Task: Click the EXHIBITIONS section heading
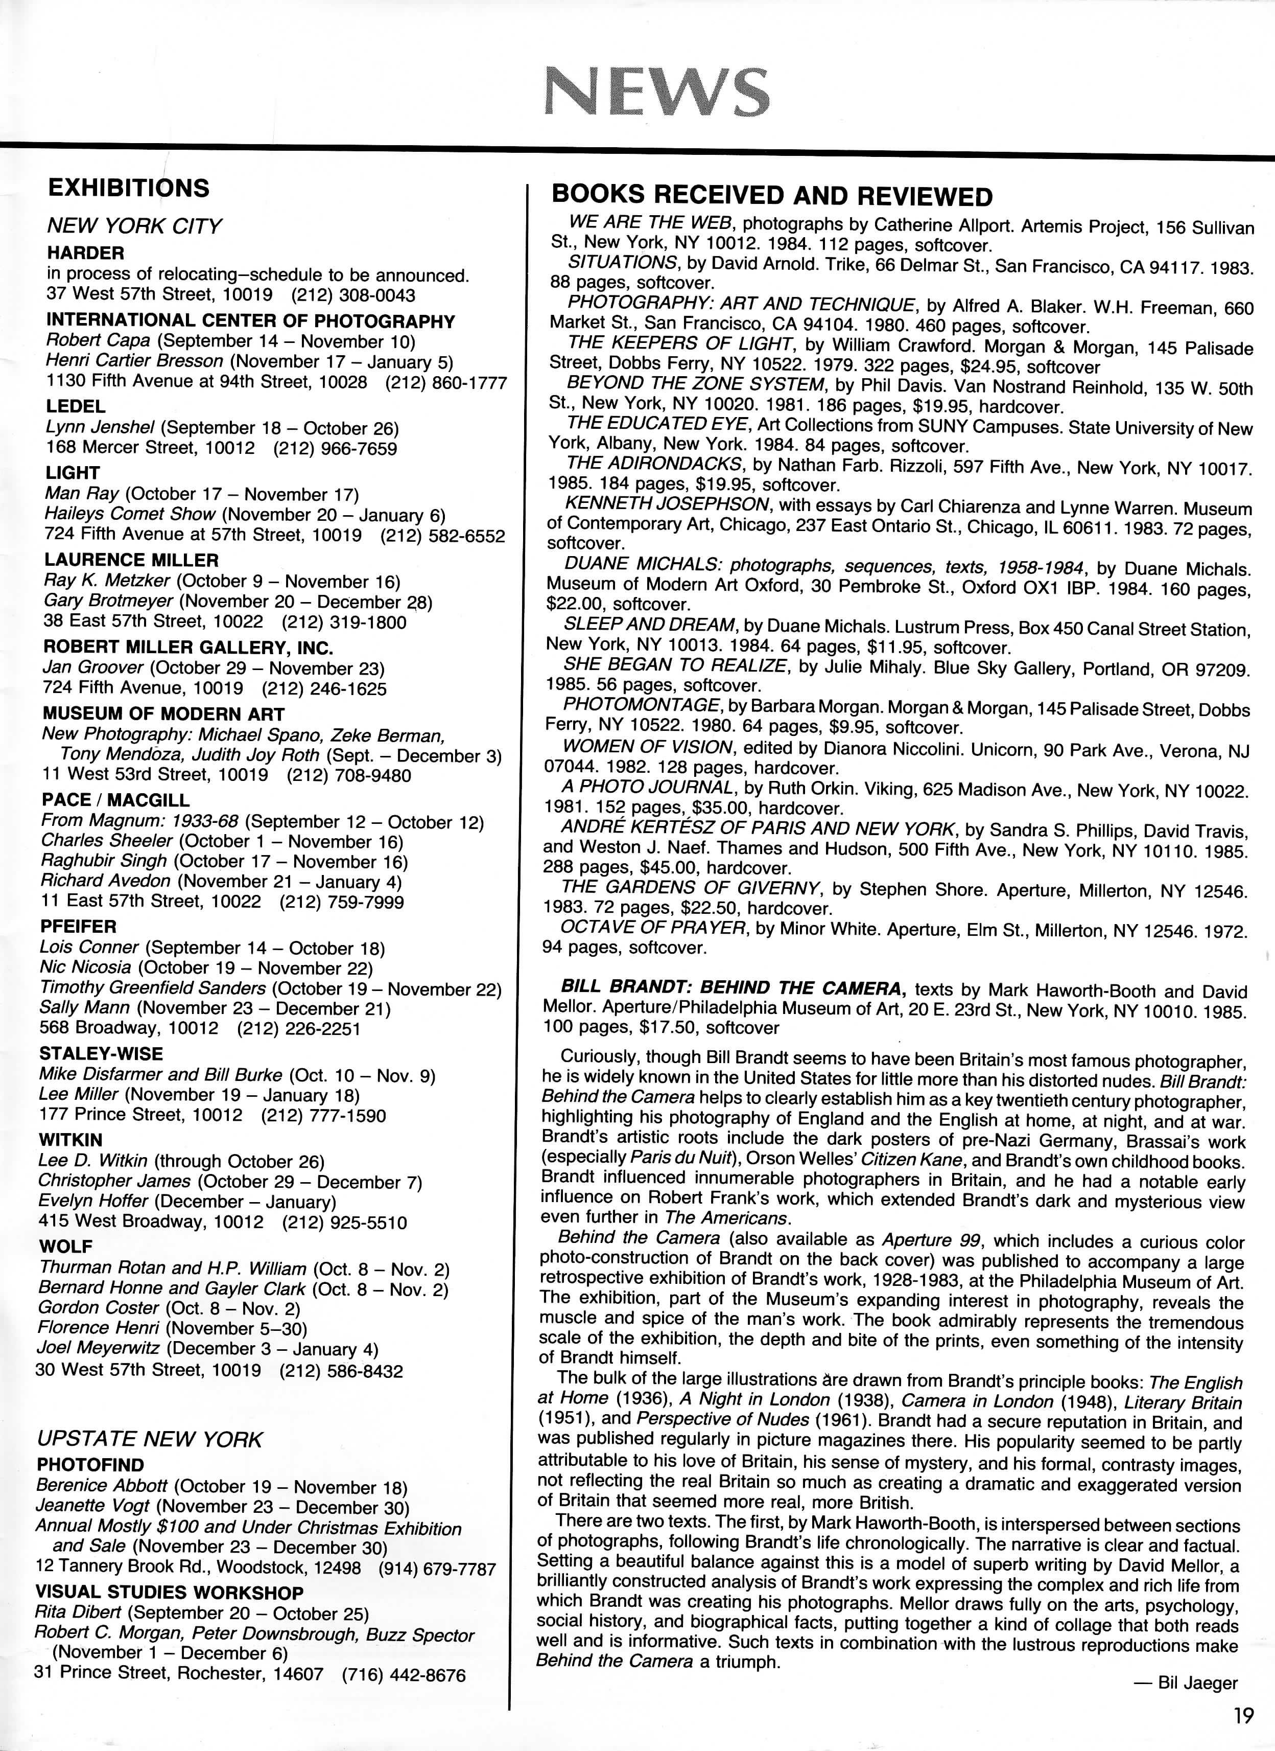[x=128, y=188]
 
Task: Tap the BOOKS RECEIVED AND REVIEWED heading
[x=772, y=196]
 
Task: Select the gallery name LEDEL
[x=75, y=406]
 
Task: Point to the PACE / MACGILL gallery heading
[x=116, y=800]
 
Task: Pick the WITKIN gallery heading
[x=70, y=1140]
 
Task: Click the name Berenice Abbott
[x=102, y=1486]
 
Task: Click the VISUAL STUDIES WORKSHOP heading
[x=169, y=1592]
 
